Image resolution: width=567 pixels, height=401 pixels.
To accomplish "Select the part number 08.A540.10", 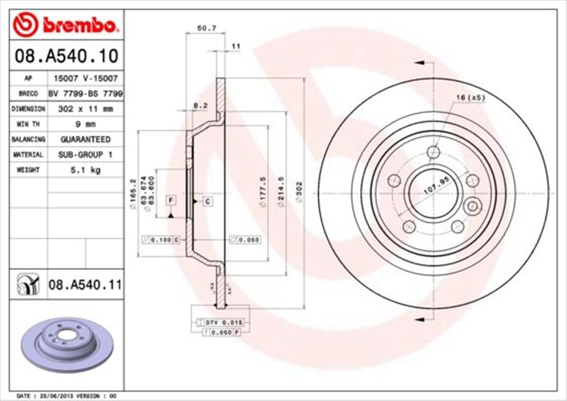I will click(66, 56).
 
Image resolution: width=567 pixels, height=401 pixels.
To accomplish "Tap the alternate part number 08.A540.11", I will click(85, 284).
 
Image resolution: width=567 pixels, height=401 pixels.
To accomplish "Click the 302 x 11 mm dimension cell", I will click(85, 109).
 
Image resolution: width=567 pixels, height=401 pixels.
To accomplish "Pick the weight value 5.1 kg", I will click(85, 170).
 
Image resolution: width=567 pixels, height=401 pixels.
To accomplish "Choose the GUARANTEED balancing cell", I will click(85, 139).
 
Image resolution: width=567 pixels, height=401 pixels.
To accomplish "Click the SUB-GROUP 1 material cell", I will click(85, 154).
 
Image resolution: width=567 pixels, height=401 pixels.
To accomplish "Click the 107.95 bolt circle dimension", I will click(435, 187).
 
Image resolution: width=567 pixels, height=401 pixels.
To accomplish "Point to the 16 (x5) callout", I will click(470, 97).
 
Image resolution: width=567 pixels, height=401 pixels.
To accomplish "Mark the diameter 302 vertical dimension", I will click(300, 192).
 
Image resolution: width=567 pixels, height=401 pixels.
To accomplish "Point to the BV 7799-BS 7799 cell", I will click(85, 94).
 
